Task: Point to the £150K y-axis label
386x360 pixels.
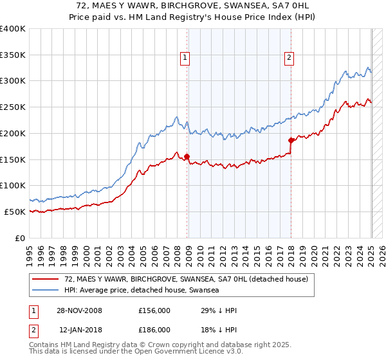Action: pyautogui.click(x=13, y=159)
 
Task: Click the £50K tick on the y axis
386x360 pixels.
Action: pyautogui.click(x=15, y=211)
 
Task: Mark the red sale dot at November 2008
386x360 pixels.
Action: pyautogui.click(x=187, y=156)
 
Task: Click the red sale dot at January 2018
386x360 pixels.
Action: pyautogui.click(x=291, y=139)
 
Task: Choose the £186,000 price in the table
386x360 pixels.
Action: pyautogui.click(x=154, y=329)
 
